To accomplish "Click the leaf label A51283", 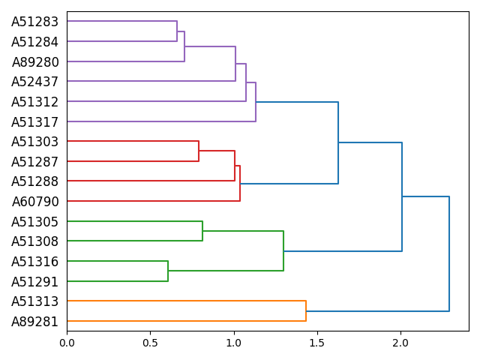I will (x=34, y=22).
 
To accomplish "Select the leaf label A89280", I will (x=34, y=61).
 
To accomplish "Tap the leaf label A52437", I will (x=34, y=82).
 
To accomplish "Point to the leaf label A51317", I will (x=34, y=121).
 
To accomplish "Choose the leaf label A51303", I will (x=34, y=142).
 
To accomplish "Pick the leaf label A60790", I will (x=34, y=202).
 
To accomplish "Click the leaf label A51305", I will (x=34, y=222).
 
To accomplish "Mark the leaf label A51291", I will (x=34, y=282).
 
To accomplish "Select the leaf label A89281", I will (x=34, y=322).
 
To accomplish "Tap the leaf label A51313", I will (x=34, y=301).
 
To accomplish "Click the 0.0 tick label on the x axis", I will (x=67, y=343).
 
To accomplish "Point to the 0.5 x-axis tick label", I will (x=150, y=343).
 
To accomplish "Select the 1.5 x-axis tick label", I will (x=317, y=343).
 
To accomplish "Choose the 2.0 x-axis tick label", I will (x=400, y=343).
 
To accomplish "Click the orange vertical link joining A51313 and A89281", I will (x=306, y=311).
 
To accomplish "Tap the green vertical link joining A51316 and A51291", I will (x=168, y=271).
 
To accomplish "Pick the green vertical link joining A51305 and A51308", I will (x=202, y=231).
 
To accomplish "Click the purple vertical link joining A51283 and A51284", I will (x=177, y=31).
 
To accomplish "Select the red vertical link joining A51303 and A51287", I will (x=199, y=151).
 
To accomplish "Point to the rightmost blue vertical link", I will (x=449, y=253).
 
